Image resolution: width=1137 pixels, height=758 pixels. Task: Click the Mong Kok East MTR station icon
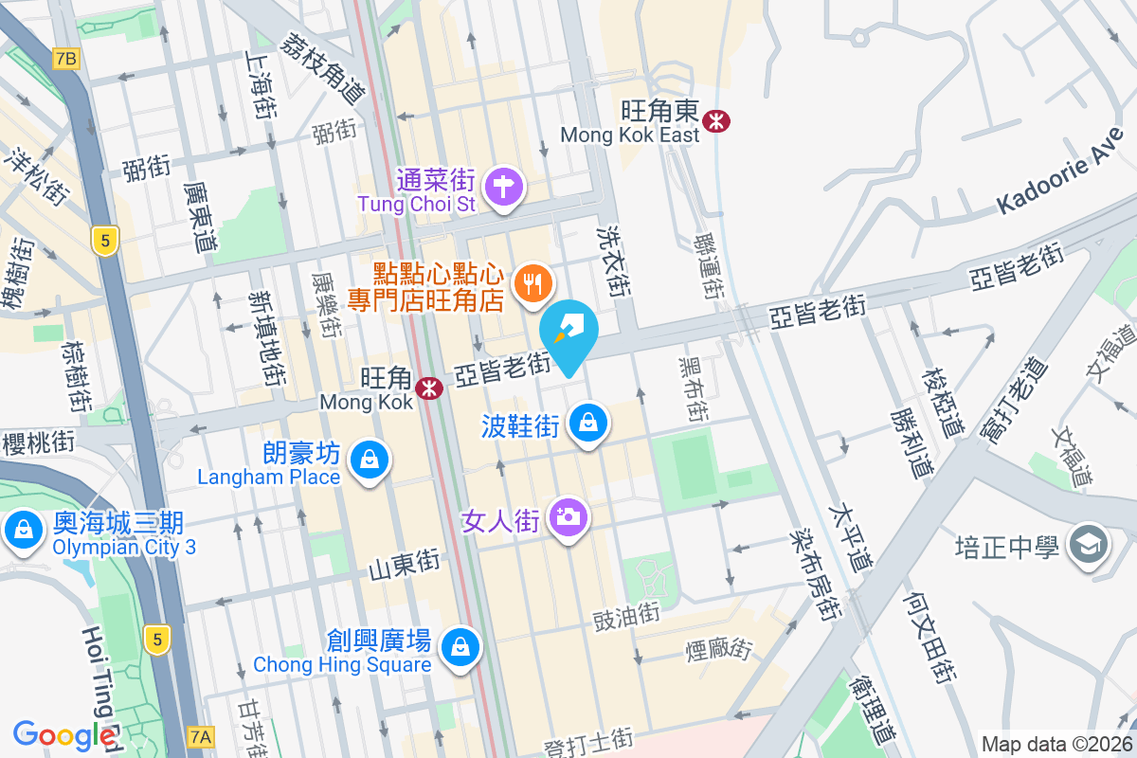coord(715,119)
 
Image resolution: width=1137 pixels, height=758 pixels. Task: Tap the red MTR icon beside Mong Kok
coord(429,388)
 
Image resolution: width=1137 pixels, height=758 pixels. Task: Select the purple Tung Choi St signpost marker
coord(503,187)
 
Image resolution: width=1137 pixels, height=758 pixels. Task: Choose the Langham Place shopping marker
coord(369,460)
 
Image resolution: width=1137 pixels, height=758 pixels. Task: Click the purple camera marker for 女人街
coord(568,517)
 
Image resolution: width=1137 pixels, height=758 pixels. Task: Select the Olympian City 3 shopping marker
coord(23,529)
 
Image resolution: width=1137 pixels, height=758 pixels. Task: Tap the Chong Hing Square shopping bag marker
coord(460,647)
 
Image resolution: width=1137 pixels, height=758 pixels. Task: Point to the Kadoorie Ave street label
coord(1062,171)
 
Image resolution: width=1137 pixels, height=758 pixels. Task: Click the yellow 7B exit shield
coord(65,59)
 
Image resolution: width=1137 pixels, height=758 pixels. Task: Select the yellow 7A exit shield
coord(201,735)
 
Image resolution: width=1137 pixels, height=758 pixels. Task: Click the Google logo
coord(64,735)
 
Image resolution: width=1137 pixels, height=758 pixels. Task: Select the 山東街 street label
coord(405,563)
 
